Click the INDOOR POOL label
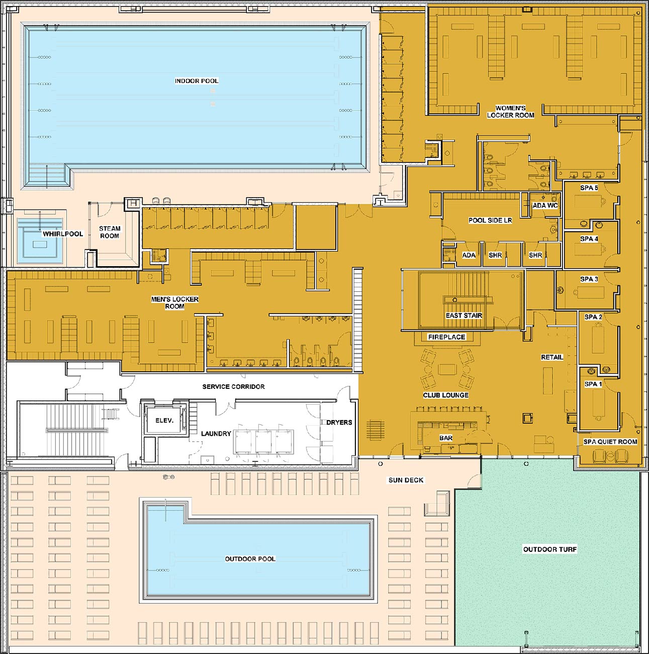[x=197, y=81]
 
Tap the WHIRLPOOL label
[x=63, y=234]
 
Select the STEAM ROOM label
[x=110, y=232]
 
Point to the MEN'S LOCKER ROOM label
[x=175, y=303]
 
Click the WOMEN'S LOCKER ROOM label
[x=511, y=112]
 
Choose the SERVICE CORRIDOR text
[x=233, y=386]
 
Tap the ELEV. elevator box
[x=164, y=421]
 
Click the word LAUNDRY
[x=216, y=433]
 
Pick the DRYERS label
[x=339, y=422]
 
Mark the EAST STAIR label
[x=464, y=315]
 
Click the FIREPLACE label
[x=446, y=337]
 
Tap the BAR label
[x=446, y=438]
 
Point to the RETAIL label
[x=552, y=357]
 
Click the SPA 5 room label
[x=589, y=188]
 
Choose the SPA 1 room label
[x=593, y=384]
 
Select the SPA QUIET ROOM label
[x=610, y=442]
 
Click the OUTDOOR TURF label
[x=550, y=549]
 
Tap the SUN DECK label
[x=406, y=480]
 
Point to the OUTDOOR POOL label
[x=250, y=558]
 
